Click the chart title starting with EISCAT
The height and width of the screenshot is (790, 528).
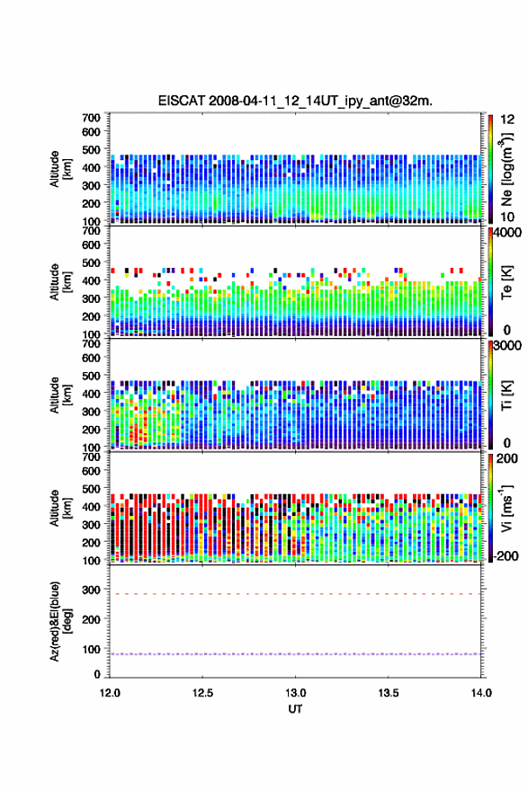pyautogui.click(x=295, y=101)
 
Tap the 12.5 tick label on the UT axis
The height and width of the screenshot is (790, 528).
pyautogui.click(x=202, y=693)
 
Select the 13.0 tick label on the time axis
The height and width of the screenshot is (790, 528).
pyautogui.click(x=295, y=693)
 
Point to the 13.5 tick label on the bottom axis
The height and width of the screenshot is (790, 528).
pyautogui.click(x=388, y=693)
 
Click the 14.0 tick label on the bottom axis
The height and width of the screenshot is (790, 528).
pyautogui.click(x=481, y=693)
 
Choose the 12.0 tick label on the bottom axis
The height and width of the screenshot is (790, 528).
pyautogui.click(x=110, y=693)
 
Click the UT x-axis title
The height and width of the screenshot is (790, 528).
pyautogui.click(x=295, y=709)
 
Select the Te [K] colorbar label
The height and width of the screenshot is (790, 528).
pyautogui.click(x=506, y=282)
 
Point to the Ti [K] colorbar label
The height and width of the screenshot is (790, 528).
pyautogui.click(x=506, y=395)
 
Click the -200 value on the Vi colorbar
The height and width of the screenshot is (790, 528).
pyautogui.click(x=505, y=555)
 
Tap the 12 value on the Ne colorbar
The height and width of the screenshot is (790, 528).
pyautogui.click(x=508, y=120)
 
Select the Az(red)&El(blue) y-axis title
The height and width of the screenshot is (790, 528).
pyautogui.click(x=61, y=622)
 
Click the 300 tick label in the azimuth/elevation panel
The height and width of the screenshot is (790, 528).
pyautogui.click(x=91, y=590)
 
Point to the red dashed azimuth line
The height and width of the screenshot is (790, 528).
pyautogui.click(x=295, y=594)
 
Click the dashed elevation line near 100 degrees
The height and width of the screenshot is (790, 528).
pyautogui.click(x=295, y=654)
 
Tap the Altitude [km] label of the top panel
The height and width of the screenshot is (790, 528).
pyautogui.click(x=60, y=169)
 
